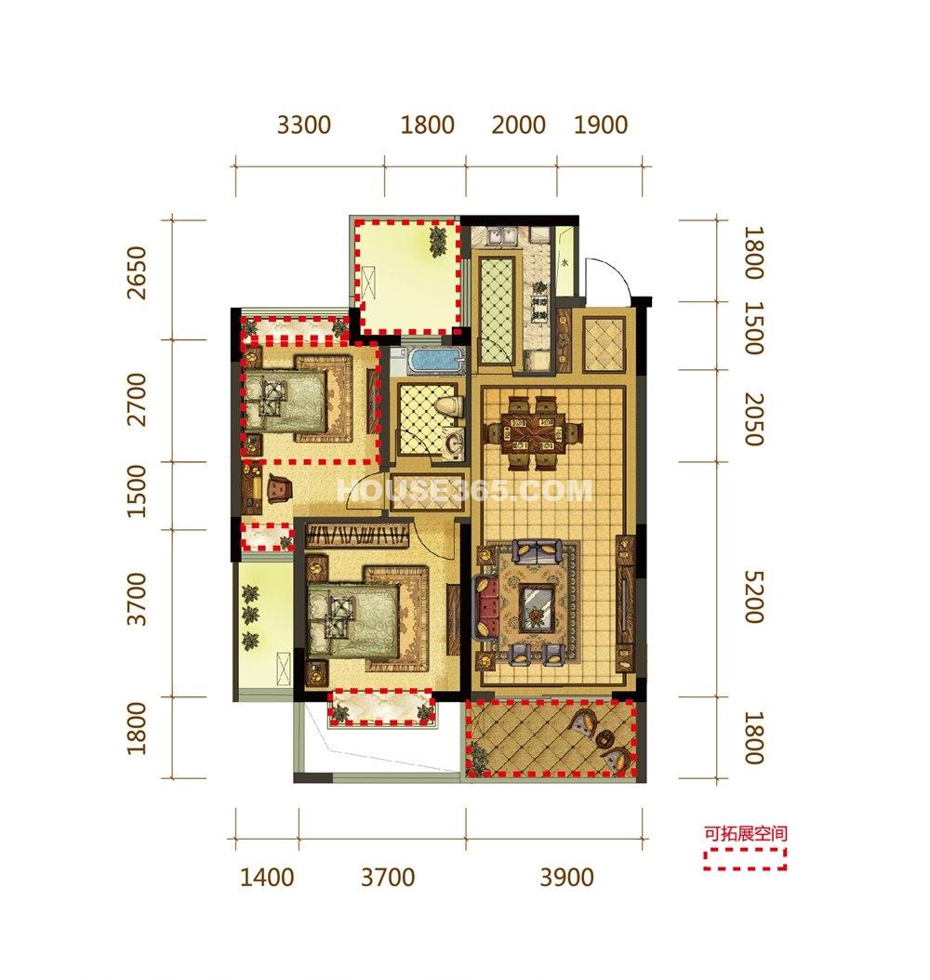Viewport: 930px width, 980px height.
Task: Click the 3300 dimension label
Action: tap(304, 125)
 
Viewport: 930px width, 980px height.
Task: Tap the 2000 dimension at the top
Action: tap(519, 125)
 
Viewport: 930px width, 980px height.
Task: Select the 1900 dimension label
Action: tap(601, 125)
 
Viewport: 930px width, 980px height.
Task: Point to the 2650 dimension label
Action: tap(137, 273)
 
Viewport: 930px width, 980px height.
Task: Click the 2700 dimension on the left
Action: tap(137, 400)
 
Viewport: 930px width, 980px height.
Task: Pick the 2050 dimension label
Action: tap(753, 418)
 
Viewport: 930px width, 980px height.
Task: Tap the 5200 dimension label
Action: tap(753, 597)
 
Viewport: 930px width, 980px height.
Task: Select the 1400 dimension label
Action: tap(267, 878)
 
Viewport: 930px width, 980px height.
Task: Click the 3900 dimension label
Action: tap(566, 878)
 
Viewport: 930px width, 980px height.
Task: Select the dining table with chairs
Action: tap(535, 431)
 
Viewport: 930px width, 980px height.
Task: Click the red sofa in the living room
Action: tap(487, 606)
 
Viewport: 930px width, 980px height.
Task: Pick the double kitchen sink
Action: tap(502, 237)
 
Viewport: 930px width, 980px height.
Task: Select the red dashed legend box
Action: tap(744, 859)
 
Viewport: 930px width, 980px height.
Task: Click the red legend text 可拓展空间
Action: tap(746, 833)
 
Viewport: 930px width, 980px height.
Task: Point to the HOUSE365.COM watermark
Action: tap(464, 491)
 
